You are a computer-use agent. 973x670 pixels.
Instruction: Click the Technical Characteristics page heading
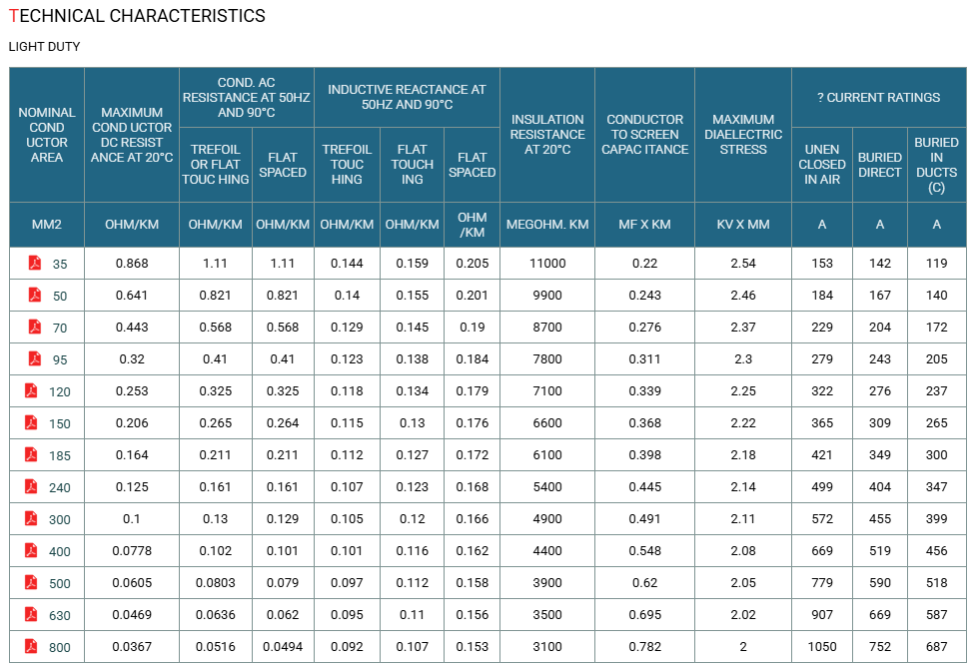coord(137,16)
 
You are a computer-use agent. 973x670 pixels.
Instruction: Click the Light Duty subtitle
coord(44,47)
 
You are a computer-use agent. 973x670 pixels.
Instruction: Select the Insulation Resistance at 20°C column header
coord(547,135)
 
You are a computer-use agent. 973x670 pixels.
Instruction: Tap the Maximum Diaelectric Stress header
coord(743,135)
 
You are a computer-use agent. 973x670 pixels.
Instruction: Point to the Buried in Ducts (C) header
coord(936,165)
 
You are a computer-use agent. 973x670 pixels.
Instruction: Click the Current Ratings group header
coord(879,98)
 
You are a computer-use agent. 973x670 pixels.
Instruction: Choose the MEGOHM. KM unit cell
coord(547,225)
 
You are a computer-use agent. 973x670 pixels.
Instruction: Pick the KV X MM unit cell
coord(743,225)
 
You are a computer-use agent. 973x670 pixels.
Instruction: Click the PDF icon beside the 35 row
coord(35,263)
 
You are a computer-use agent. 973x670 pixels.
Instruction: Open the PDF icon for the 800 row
coord(31,646)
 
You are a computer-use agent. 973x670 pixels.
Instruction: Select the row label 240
coord(60,487)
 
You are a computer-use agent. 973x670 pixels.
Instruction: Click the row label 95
coord(60,359)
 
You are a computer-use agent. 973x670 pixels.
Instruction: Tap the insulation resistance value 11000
coord(547,264)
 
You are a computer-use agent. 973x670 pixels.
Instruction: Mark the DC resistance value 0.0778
coord(132,551)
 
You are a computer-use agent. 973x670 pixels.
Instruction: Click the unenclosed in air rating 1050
coord(821,647)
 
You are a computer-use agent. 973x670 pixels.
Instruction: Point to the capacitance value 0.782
coord(644,647)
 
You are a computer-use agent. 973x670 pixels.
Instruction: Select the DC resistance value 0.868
coord(132,264)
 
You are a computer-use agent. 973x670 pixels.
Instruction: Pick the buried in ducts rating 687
coord(936,647)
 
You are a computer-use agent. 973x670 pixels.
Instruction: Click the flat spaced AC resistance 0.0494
coord(283,647)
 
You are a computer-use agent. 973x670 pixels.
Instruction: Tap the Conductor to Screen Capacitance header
coord(644,135)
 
